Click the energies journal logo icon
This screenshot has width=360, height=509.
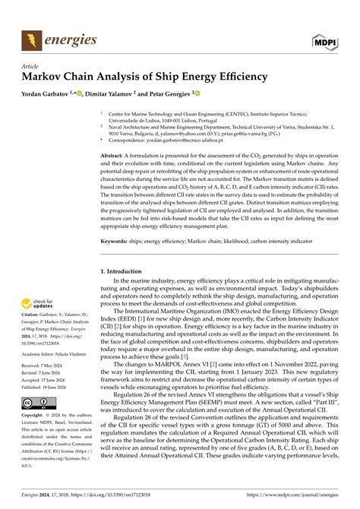[30, 40]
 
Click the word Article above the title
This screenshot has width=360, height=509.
[30, 66]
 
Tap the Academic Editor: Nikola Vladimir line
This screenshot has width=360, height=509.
[58, 353]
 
